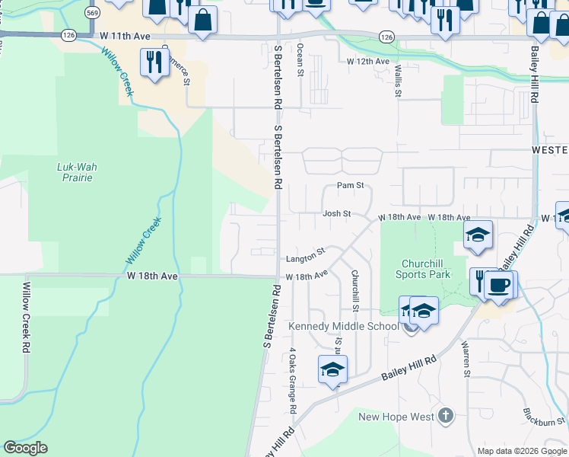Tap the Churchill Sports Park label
426,269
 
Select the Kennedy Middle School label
343,327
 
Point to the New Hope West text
396,417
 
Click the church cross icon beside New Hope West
446,416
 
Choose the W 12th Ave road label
367,61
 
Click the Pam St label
350,185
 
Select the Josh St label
336,214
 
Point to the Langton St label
306,251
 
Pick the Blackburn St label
545,417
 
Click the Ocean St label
300,59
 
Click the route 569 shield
93,13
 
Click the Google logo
25,448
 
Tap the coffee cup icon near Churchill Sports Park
499,285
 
